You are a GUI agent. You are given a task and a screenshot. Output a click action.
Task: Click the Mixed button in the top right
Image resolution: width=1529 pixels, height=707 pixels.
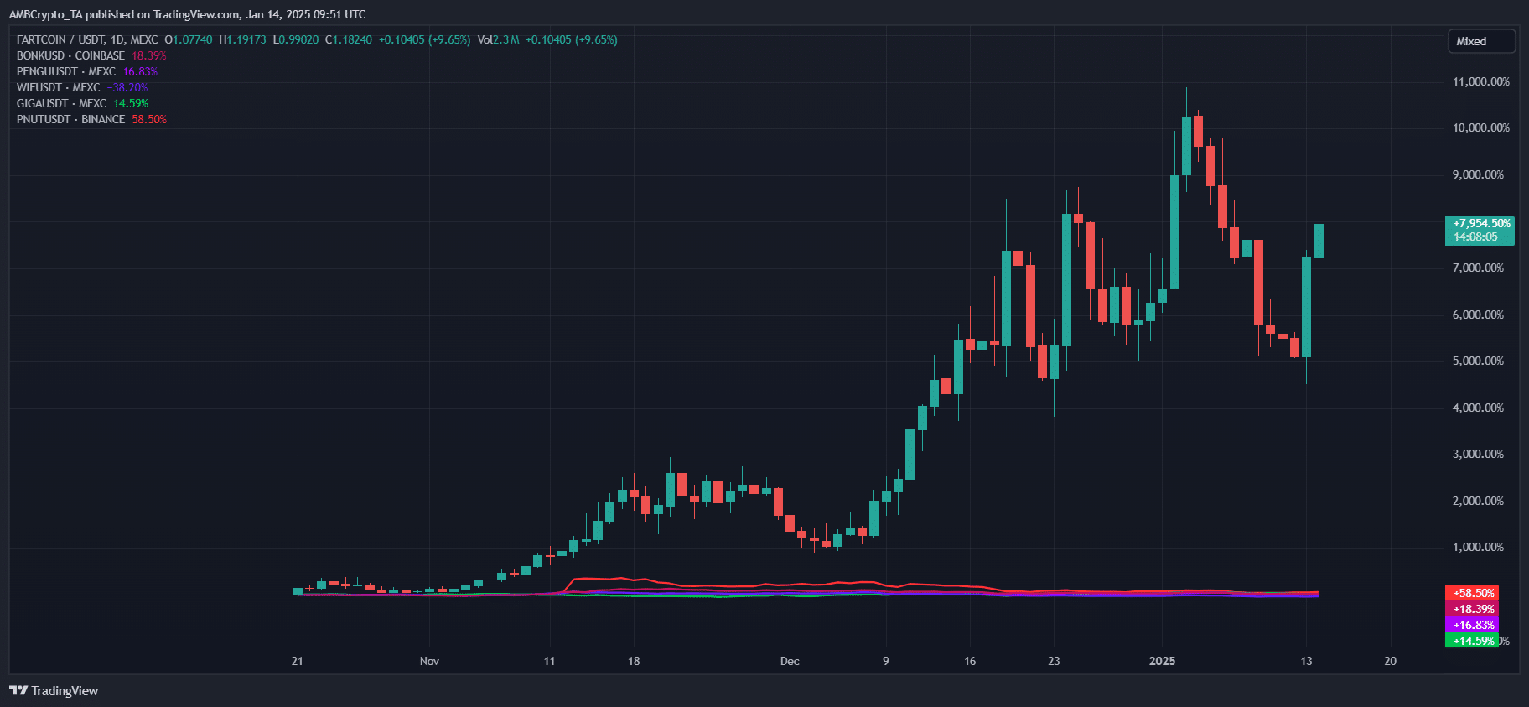coord(1480,41)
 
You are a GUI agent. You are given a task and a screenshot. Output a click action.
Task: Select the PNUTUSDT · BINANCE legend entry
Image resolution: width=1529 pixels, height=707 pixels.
coord(71,119)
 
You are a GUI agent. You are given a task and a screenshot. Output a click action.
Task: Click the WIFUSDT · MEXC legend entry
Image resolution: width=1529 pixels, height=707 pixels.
coord(59,87)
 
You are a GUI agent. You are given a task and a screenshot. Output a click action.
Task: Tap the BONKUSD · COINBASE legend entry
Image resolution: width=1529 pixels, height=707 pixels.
coord(71,55)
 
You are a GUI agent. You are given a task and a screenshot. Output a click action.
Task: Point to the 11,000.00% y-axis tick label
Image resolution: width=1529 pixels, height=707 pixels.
coord(1480,81)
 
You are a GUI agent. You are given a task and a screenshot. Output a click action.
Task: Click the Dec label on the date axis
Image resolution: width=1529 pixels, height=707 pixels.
coord(790,661)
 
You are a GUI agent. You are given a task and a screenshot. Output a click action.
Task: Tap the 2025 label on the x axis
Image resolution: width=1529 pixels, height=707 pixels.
coord(1162,661)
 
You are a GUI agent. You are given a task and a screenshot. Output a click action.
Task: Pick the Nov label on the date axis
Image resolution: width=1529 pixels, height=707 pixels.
coord(429,661)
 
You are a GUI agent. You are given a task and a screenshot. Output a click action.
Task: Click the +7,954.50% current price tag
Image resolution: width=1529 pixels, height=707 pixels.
coord(1480,230)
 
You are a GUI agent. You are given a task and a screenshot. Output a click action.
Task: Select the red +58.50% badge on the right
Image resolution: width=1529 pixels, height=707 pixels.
coord(1473,593)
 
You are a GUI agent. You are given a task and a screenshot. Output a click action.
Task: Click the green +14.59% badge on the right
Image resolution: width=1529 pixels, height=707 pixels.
coord(1473,641)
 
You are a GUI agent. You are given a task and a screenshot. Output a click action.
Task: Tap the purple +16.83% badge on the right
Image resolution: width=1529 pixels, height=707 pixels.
coord(1473,625)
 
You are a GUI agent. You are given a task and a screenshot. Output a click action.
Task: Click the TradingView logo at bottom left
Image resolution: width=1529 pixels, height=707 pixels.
coord(54,690)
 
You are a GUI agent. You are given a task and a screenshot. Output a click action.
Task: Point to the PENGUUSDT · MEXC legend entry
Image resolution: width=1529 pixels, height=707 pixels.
coord(66,71)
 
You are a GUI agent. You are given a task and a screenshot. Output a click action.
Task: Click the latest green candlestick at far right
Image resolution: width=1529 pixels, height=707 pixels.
coord(1319,241)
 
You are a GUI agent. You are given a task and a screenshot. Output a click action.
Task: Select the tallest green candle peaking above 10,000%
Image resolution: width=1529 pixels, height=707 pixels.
coord(1186,146)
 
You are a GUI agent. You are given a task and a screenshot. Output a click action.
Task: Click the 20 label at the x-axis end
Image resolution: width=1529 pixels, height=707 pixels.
coord(1390,661)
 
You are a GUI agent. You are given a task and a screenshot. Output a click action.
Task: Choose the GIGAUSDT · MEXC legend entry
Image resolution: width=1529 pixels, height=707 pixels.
coord(62,103)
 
